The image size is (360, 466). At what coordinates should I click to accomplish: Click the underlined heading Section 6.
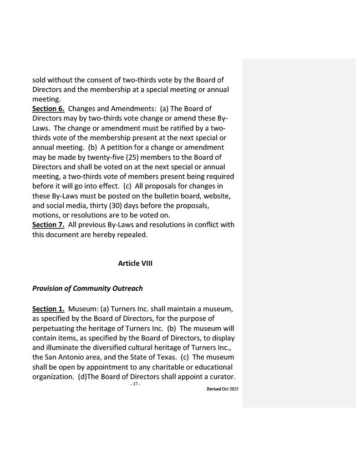click(x=48, y=109)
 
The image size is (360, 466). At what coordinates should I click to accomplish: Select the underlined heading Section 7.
click(x=48, y=225)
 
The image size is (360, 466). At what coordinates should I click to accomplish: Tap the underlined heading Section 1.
click(x=48, y=309)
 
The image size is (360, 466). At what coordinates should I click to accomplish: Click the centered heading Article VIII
click(x=135, y=263)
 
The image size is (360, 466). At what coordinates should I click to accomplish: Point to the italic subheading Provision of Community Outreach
click(x=87, y=288)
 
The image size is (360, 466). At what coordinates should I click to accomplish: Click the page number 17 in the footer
click(x=135, y=385)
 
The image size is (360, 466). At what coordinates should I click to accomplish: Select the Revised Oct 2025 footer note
click(x=222, y=389)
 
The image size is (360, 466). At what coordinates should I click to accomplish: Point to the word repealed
click(x=132, y=235)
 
